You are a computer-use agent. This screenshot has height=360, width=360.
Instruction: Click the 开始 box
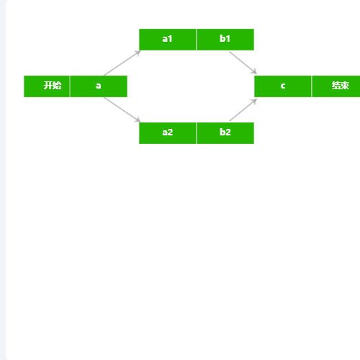coord(47,86)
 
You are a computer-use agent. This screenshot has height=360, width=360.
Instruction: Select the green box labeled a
coord(99,86)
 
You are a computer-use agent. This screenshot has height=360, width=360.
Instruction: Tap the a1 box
coord(168,40)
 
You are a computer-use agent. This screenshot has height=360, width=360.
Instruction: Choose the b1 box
coord(225,40)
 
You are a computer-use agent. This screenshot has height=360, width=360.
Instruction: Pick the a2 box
coord(168,133)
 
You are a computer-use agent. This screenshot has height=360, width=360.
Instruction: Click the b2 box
coord(225,133)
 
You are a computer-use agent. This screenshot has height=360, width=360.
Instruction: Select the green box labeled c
coord(283,86)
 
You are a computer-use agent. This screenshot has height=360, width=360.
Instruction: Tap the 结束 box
coord(336,86)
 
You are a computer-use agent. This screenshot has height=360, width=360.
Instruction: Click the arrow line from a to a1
coord(122,63)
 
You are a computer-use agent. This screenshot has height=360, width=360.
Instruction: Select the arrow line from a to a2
coord(122,109)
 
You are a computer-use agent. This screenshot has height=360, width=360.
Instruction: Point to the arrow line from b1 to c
coord(243,63)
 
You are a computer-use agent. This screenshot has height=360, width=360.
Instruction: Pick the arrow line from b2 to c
coord(243,109)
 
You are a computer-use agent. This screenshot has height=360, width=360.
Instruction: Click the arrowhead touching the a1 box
coord(138,53)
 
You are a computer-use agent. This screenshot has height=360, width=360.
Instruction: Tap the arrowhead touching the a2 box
coord(138,120)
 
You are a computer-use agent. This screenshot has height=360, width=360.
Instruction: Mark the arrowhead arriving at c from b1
coord(254,72)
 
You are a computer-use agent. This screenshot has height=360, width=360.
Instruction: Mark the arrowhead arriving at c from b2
coord(254,101)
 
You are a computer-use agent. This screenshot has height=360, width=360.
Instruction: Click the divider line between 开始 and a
coord(70,86)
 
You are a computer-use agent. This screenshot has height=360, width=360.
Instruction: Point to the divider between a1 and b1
coord(197,40)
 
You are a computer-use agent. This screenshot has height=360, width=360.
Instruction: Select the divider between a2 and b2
coord(197,133)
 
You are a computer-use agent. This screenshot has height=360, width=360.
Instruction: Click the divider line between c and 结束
coord(312,86)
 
